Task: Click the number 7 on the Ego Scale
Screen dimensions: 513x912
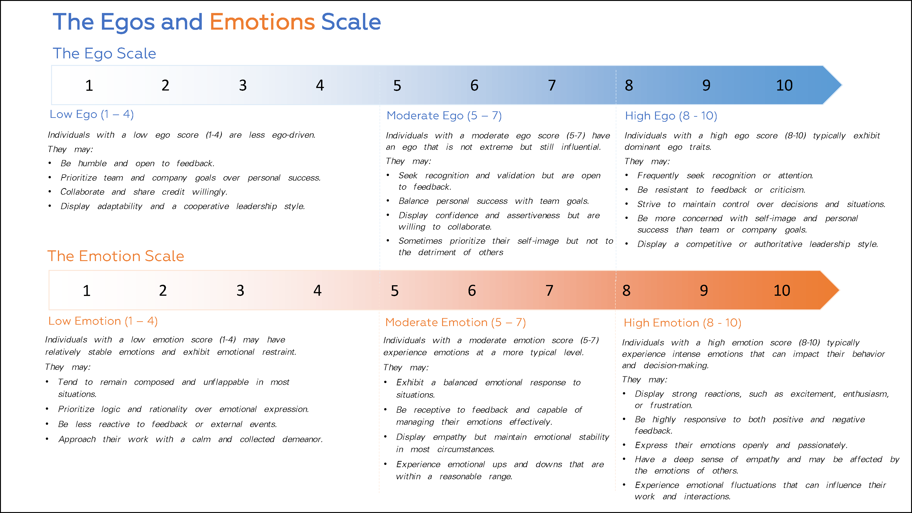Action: tap(552, 85)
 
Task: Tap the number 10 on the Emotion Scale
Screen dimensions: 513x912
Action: tap(782, 291)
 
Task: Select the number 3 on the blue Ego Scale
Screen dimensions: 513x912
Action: tap(243, 85)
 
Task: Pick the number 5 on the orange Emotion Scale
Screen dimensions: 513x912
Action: tap(395, 291)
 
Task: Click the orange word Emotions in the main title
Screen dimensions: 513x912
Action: tap(262, 22)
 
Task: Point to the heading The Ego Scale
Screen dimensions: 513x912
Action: tap(104, 53)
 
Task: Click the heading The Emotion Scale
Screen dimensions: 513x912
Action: tap(116, 256)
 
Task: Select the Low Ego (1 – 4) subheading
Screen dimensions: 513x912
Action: tap(92, 114)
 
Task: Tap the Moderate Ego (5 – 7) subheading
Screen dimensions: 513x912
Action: tap(444, 116)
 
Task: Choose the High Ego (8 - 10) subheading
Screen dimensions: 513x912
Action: tap(671, 116)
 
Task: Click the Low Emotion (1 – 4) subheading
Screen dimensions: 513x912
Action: tap(103, 321)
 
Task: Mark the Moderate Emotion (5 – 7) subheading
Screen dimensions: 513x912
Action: tap(455, 323)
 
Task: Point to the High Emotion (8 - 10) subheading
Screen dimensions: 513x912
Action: tap(682, 323)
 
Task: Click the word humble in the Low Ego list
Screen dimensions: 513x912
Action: tap(92, 163)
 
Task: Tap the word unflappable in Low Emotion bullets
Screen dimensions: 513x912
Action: tap(226, 382)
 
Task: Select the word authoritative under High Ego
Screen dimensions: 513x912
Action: tap(778, 244)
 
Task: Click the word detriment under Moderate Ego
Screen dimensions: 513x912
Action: tap(437, 252)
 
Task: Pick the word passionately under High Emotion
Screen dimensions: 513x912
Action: tap(822, 445)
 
